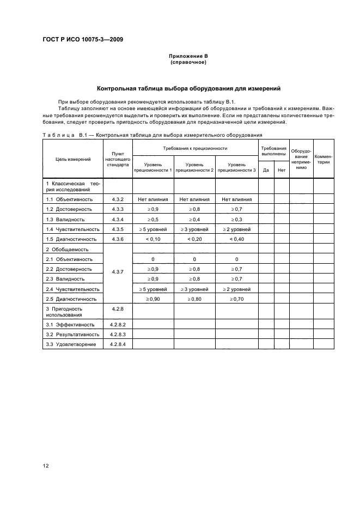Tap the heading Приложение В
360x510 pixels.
(188, 56)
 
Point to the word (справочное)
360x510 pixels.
(188, 62)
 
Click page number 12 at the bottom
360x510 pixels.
(46, 465)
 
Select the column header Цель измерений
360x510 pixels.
(73, 159)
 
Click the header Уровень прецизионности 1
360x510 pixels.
(152, 167)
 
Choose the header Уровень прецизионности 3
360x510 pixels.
(236, 167)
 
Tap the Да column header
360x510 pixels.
(266, 170)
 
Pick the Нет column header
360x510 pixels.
(281, 170)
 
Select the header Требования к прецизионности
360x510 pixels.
(194, 148)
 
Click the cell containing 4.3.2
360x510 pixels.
(118, 199)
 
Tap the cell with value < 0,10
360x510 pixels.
(152, 239)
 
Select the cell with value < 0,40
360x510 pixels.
(236, 239)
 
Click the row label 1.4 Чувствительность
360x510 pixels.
(72, 229)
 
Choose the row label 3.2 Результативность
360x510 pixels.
(72, 335)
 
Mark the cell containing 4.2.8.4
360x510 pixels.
(118, 344)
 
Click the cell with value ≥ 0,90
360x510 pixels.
(152, 299)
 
